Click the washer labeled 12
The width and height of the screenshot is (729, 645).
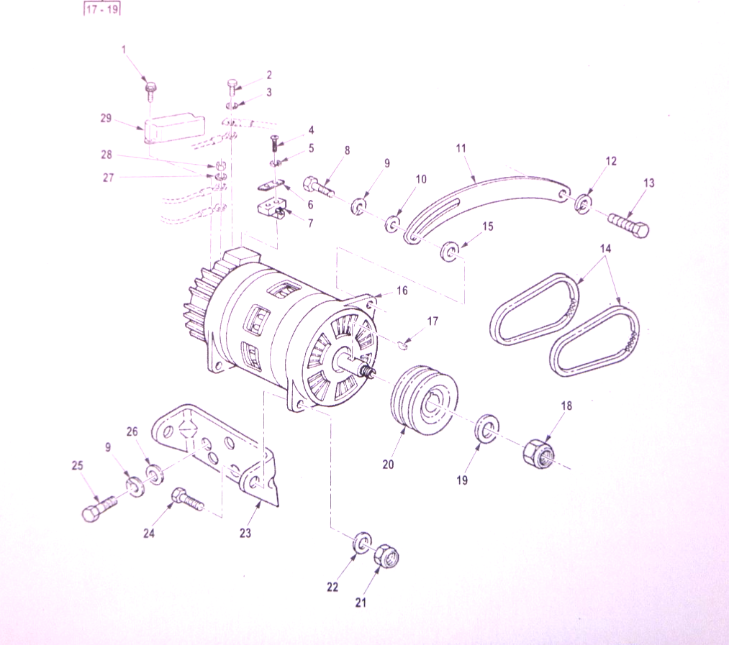582,202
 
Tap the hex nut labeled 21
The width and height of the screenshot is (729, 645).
386,554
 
